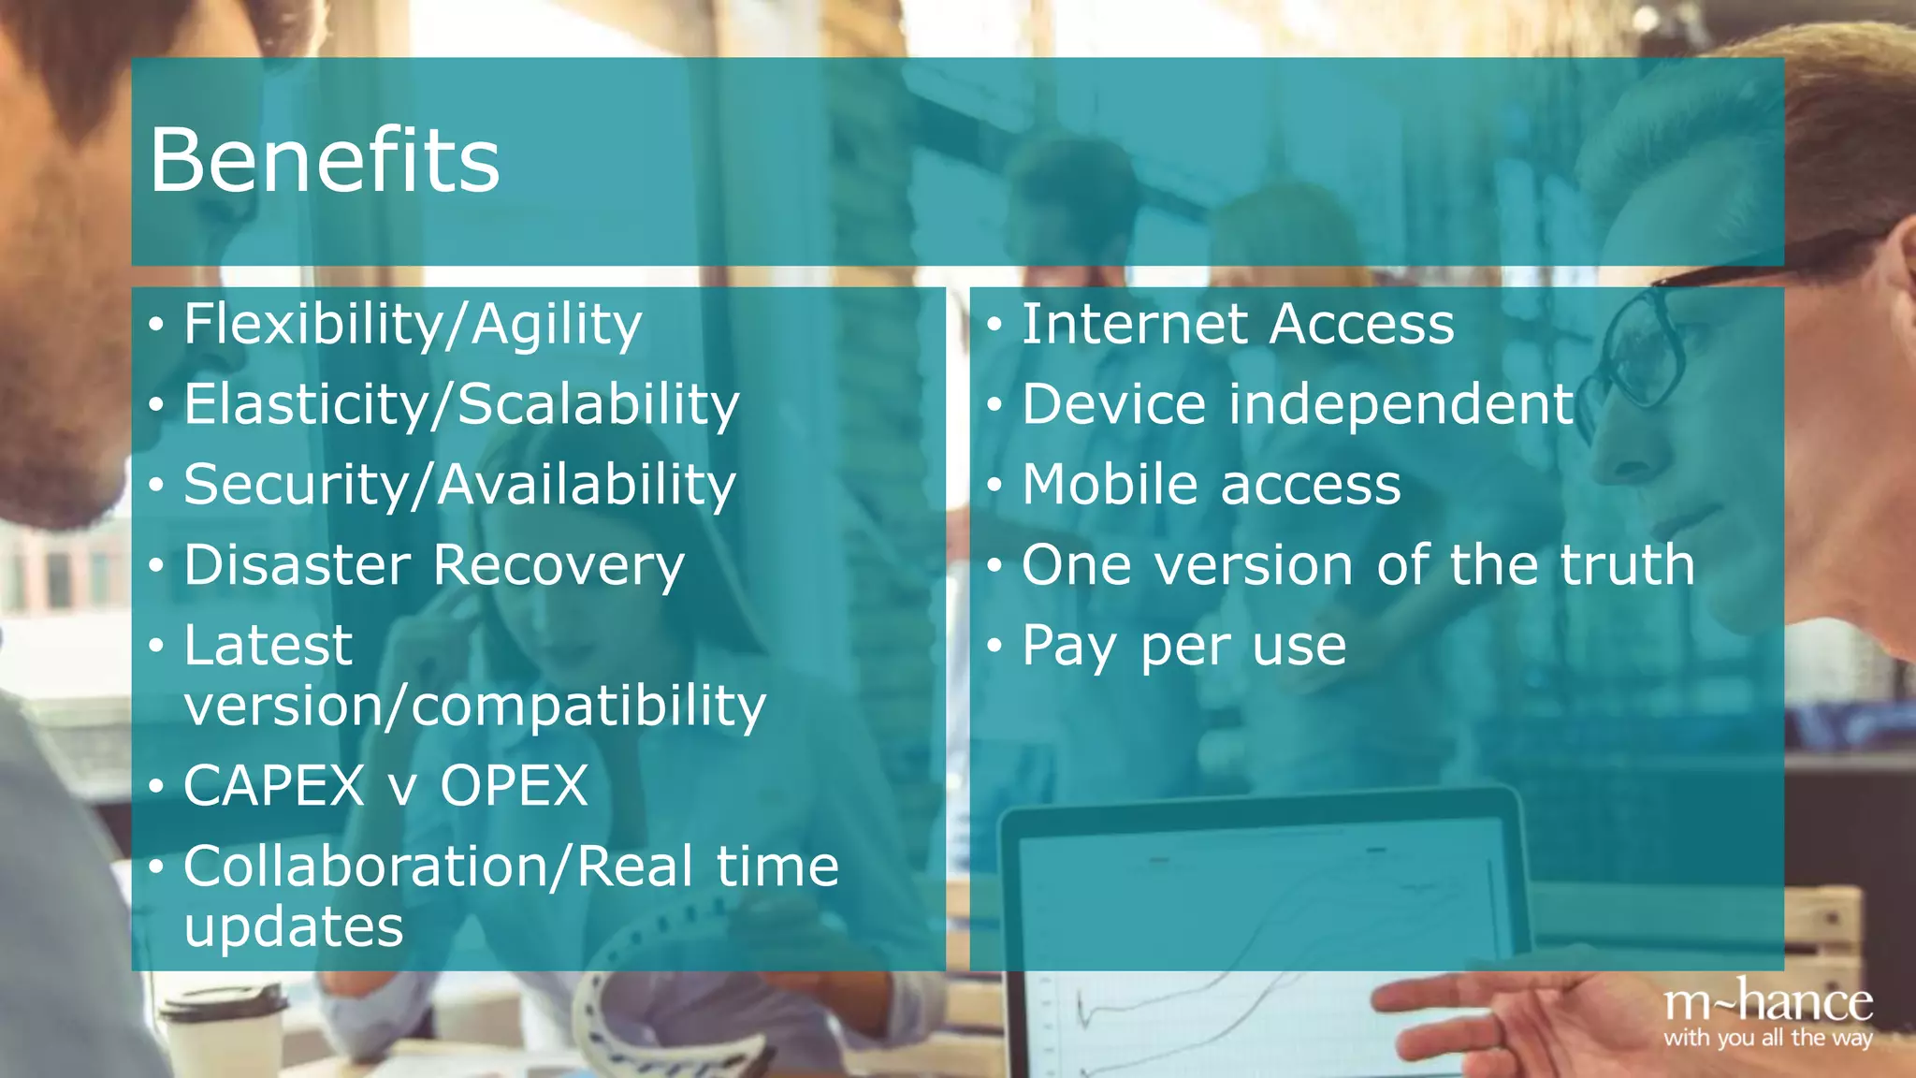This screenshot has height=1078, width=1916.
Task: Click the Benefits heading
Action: [x=324, y=160]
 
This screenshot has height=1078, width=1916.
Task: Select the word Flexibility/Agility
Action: [x=413, y=325]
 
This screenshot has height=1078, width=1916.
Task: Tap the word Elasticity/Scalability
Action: [x=461, y=405]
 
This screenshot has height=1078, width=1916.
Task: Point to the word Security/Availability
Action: [x=459, y=486]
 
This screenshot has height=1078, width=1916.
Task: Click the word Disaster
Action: [x=297, y=565]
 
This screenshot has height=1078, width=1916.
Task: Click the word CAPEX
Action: [x=273, y=785]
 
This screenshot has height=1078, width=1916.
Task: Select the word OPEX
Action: [x=514, y=785]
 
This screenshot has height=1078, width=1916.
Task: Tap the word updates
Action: [x=293, y=927]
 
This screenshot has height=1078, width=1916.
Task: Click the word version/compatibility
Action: [x=474, y=706]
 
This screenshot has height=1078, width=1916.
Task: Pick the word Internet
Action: [x=1132, y=325]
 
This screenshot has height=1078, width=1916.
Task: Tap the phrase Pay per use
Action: [x=1183, y=646]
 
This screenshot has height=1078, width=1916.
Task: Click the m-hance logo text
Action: [x=1767, y=1003]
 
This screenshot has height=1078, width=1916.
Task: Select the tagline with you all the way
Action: [x=1767, y=1038]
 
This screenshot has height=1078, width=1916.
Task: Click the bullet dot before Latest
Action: [x=156, y=646]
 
